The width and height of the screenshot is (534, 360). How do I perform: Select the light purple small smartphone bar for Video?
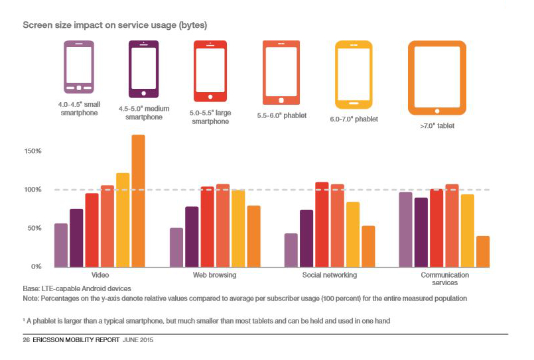click(x=61, y=245)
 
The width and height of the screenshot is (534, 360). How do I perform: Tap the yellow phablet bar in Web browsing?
click(x=238, y=228)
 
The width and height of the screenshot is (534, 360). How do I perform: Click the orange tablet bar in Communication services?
click(x=483, y=251)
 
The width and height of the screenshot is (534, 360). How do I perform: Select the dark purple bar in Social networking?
click(x=306, y=238)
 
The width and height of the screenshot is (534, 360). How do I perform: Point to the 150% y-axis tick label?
click(x=32, y=151)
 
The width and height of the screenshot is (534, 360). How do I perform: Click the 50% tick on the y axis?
click(x=34, y=228)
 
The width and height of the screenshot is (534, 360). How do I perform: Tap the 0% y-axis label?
click(x=36, y=267)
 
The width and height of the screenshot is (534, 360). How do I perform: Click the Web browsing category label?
click(x=214, y=275)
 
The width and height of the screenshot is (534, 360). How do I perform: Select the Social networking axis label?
click(x=329, y=275)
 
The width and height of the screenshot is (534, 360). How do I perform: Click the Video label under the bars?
click(x=100, y=275)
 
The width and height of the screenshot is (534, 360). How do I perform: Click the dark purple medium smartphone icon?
click(x=143, y=69)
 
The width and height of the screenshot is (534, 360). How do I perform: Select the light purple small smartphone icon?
click(x=79, y=68)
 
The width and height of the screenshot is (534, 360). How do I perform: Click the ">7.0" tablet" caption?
click(x=437, y=125)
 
